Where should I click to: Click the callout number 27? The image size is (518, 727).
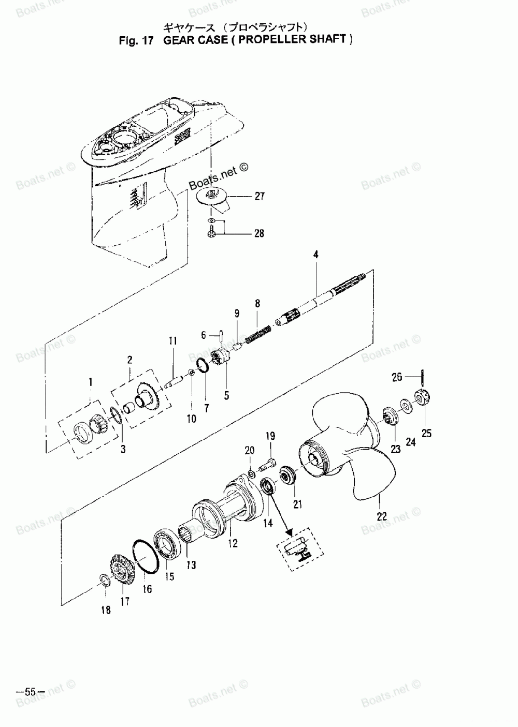[x=259, y=196]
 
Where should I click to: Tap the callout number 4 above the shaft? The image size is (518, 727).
[x=316, y=255]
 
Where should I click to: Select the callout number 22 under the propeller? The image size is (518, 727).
[x=382, y=516]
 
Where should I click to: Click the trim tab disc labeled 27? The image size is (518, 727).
[x=211, y=196]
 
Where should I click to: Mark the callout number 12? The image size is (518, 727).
[x=233, y=543]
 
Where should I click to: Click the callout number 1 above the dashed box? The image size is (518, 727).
[x=91, y=382]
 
